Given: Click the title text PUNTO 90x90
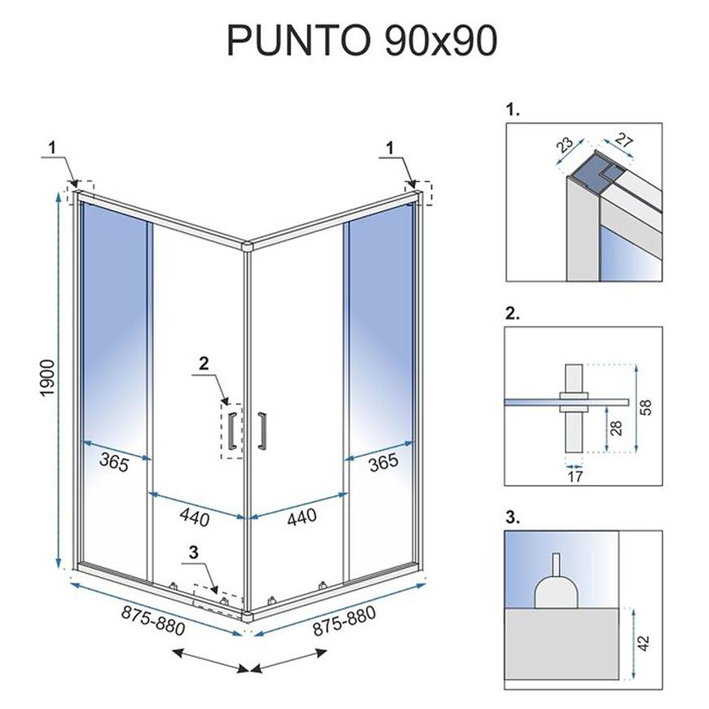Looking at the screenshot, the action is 362,40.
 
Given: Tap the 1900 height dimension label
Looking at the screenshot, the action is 47,378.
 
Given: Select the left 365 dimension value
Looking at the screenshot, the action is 114,462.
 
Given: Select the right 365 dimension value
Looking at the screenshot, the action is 384,462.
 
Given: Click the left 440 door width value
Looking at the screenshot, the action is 195,517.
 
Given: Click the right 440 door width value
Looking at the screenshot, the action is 302,517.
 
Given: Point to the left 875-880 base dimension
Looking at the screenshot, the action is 153,620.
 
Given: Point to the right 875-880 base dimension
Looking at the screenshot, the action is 344,620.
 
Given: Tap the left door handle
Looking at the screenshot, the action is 232,430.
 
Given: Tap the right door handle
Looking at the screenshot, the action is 262,430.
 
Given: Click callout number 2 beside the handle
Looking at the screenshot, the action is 204,363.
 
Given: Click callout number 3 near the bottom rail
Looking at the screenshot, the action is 193,552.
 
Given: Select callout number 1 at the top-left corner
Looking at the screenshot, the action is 52,148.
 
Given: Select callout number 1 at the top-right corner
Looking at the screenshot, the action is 390,148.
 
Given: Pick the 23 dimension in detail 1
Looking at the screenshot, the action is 564,145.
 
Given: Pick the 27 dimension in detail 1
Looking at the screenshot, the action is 624,140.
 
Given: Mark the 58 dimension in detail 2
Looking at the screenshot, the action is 646,407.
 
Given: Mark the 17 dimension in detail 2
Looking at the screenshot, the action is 575,476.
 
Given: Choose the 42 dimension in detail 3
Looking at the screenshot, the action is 644,643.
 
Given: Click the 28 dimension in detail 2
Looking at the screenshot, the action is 616,428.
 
